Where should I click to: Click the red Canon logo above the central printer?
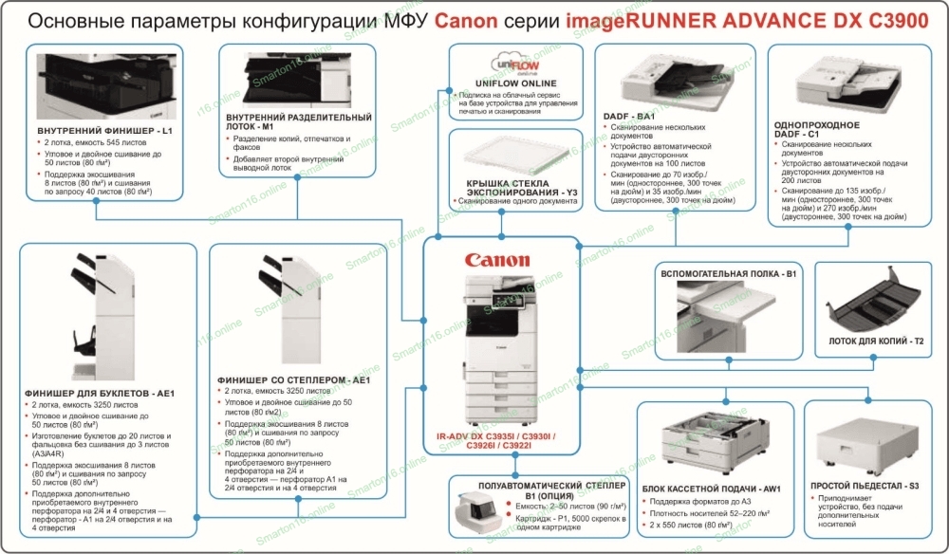tap(497, 260)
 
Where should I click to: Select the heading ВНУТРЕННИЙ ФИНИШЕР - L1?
tap(104, 129)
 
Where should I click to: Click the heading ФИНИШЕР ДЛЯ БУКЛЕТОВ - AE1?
tap(101, 392)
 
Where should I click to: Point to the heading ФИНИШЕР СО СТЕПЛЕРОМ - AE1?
tap(293, 379)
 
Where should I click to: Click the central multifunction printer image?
tap(499, 351)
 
